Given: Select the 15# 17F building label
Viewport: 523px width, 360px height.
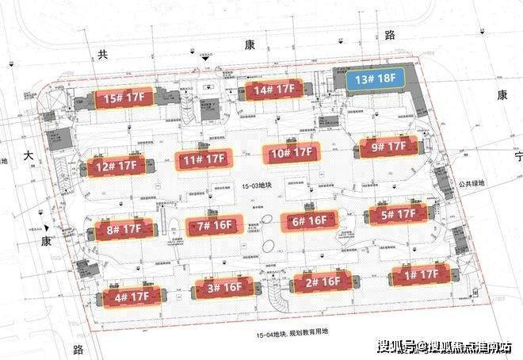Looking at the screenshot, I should tap(124, 98).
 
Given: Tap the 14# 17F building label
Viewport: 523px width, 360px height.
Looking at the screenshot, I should tap(273, 91).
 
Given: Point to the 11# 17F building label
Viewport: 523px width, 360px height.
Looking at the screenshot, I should tap(203, 160).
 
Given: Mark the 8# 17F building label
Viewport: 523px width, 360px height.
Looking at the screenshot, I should tap(123, 232).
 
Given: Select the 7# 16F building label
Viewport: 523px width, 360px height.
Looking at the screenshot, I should tap(212, 226).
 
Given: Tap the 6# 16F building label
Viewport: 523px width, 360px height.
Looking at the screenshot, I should tap(310, 221).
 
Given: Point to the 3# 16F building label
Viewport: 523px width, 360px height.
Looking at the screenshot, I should tap(224, 289).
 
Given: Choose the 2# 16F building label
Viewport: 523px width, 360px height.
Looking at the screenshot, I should tap(322, 281).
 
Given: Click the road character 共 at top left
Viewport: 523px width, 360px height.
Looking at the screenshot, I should tap(101, 55).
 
